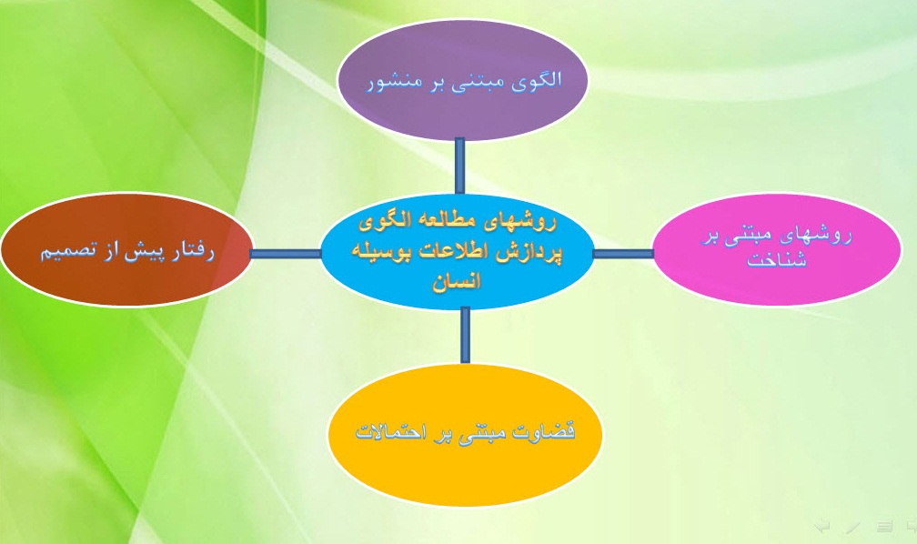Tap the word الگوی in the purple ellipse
click(539, 79)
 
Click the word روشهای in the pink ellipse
click(821, 236)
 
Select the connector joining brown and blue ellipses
click(286, 254)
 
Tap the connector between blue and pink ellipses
click(623, 254)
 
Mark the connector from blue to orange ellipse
click(465, 335)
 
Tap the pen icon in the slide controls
click(852, 525)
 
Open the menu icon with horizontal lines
click(882, 525)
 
